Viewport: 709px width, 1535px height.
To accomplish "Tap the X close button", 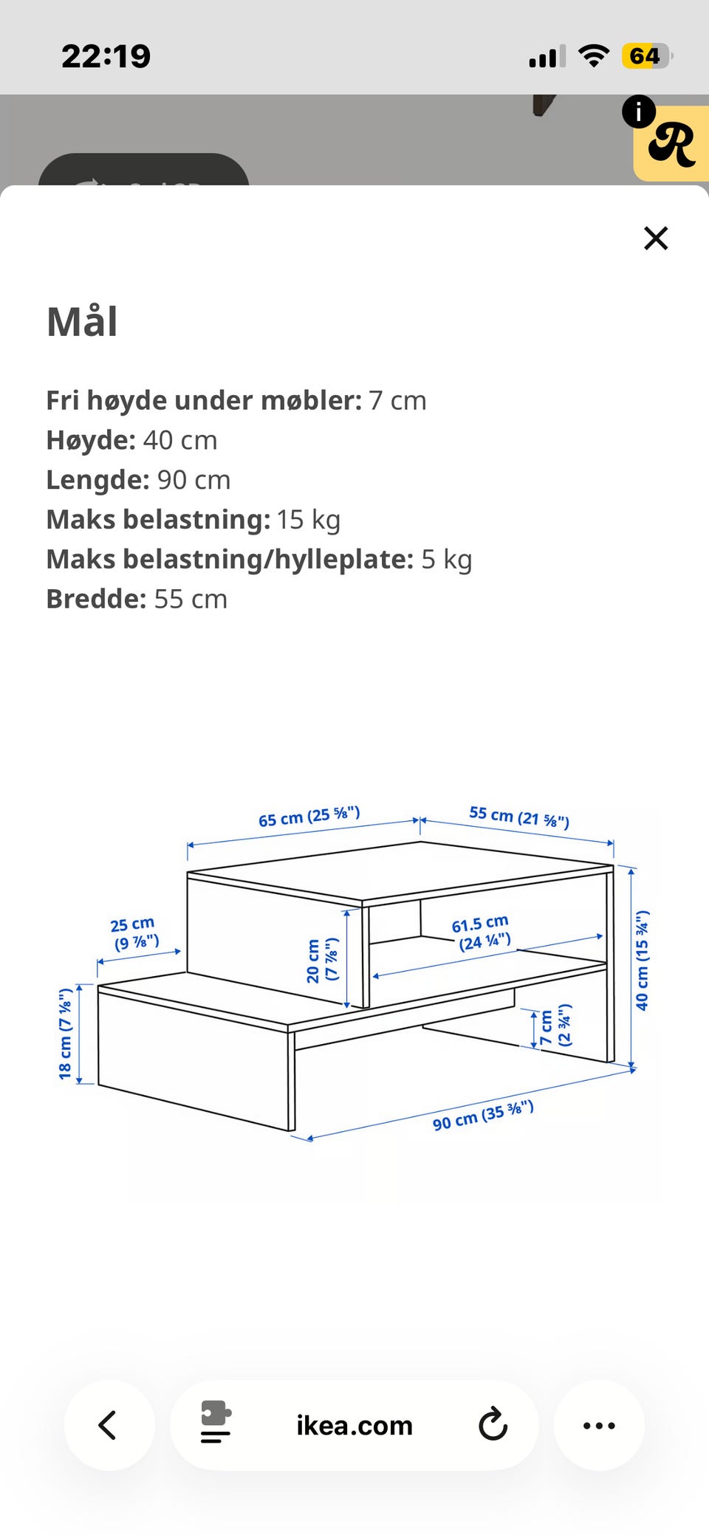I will (x=655, y=238).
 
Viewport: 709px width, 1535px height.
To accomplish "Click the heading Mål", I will (x=82, y=322).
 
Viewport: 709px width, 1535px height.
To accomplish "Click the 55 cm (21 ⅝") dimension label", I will (x=518, y=817).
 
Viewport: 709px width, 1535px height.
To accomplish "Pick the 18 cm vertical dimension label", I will (x=66, y=1033).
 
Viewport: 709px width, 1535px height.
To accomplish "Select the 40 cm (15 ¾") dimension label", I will (x=642, y=960).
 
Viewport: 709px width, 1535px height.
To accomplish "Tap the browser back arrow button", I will (x=109, y=1425).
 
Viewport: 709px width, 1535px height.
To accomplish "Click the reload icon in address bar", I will (x=493, y=1425).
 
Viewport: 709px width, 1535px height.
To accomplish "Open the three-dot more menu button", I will (x=599, y=1425).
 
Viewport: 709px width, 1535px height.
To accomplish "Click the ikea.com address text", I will (x=354, y=1425).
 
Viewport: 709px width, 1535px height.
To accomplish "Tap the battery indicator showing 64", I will (x=646, y=56).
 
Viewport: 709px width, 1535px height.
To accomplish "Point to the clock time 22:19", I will (x=106, y=56).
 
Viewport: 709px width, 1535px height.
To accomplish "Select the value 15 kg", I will (x=309, y=520).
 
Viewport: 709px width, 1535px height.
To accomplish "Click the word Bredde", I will (x=96, y=599).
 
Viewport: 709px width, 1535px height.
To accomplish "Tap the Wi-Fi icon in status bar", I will (x=593, y=55).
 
